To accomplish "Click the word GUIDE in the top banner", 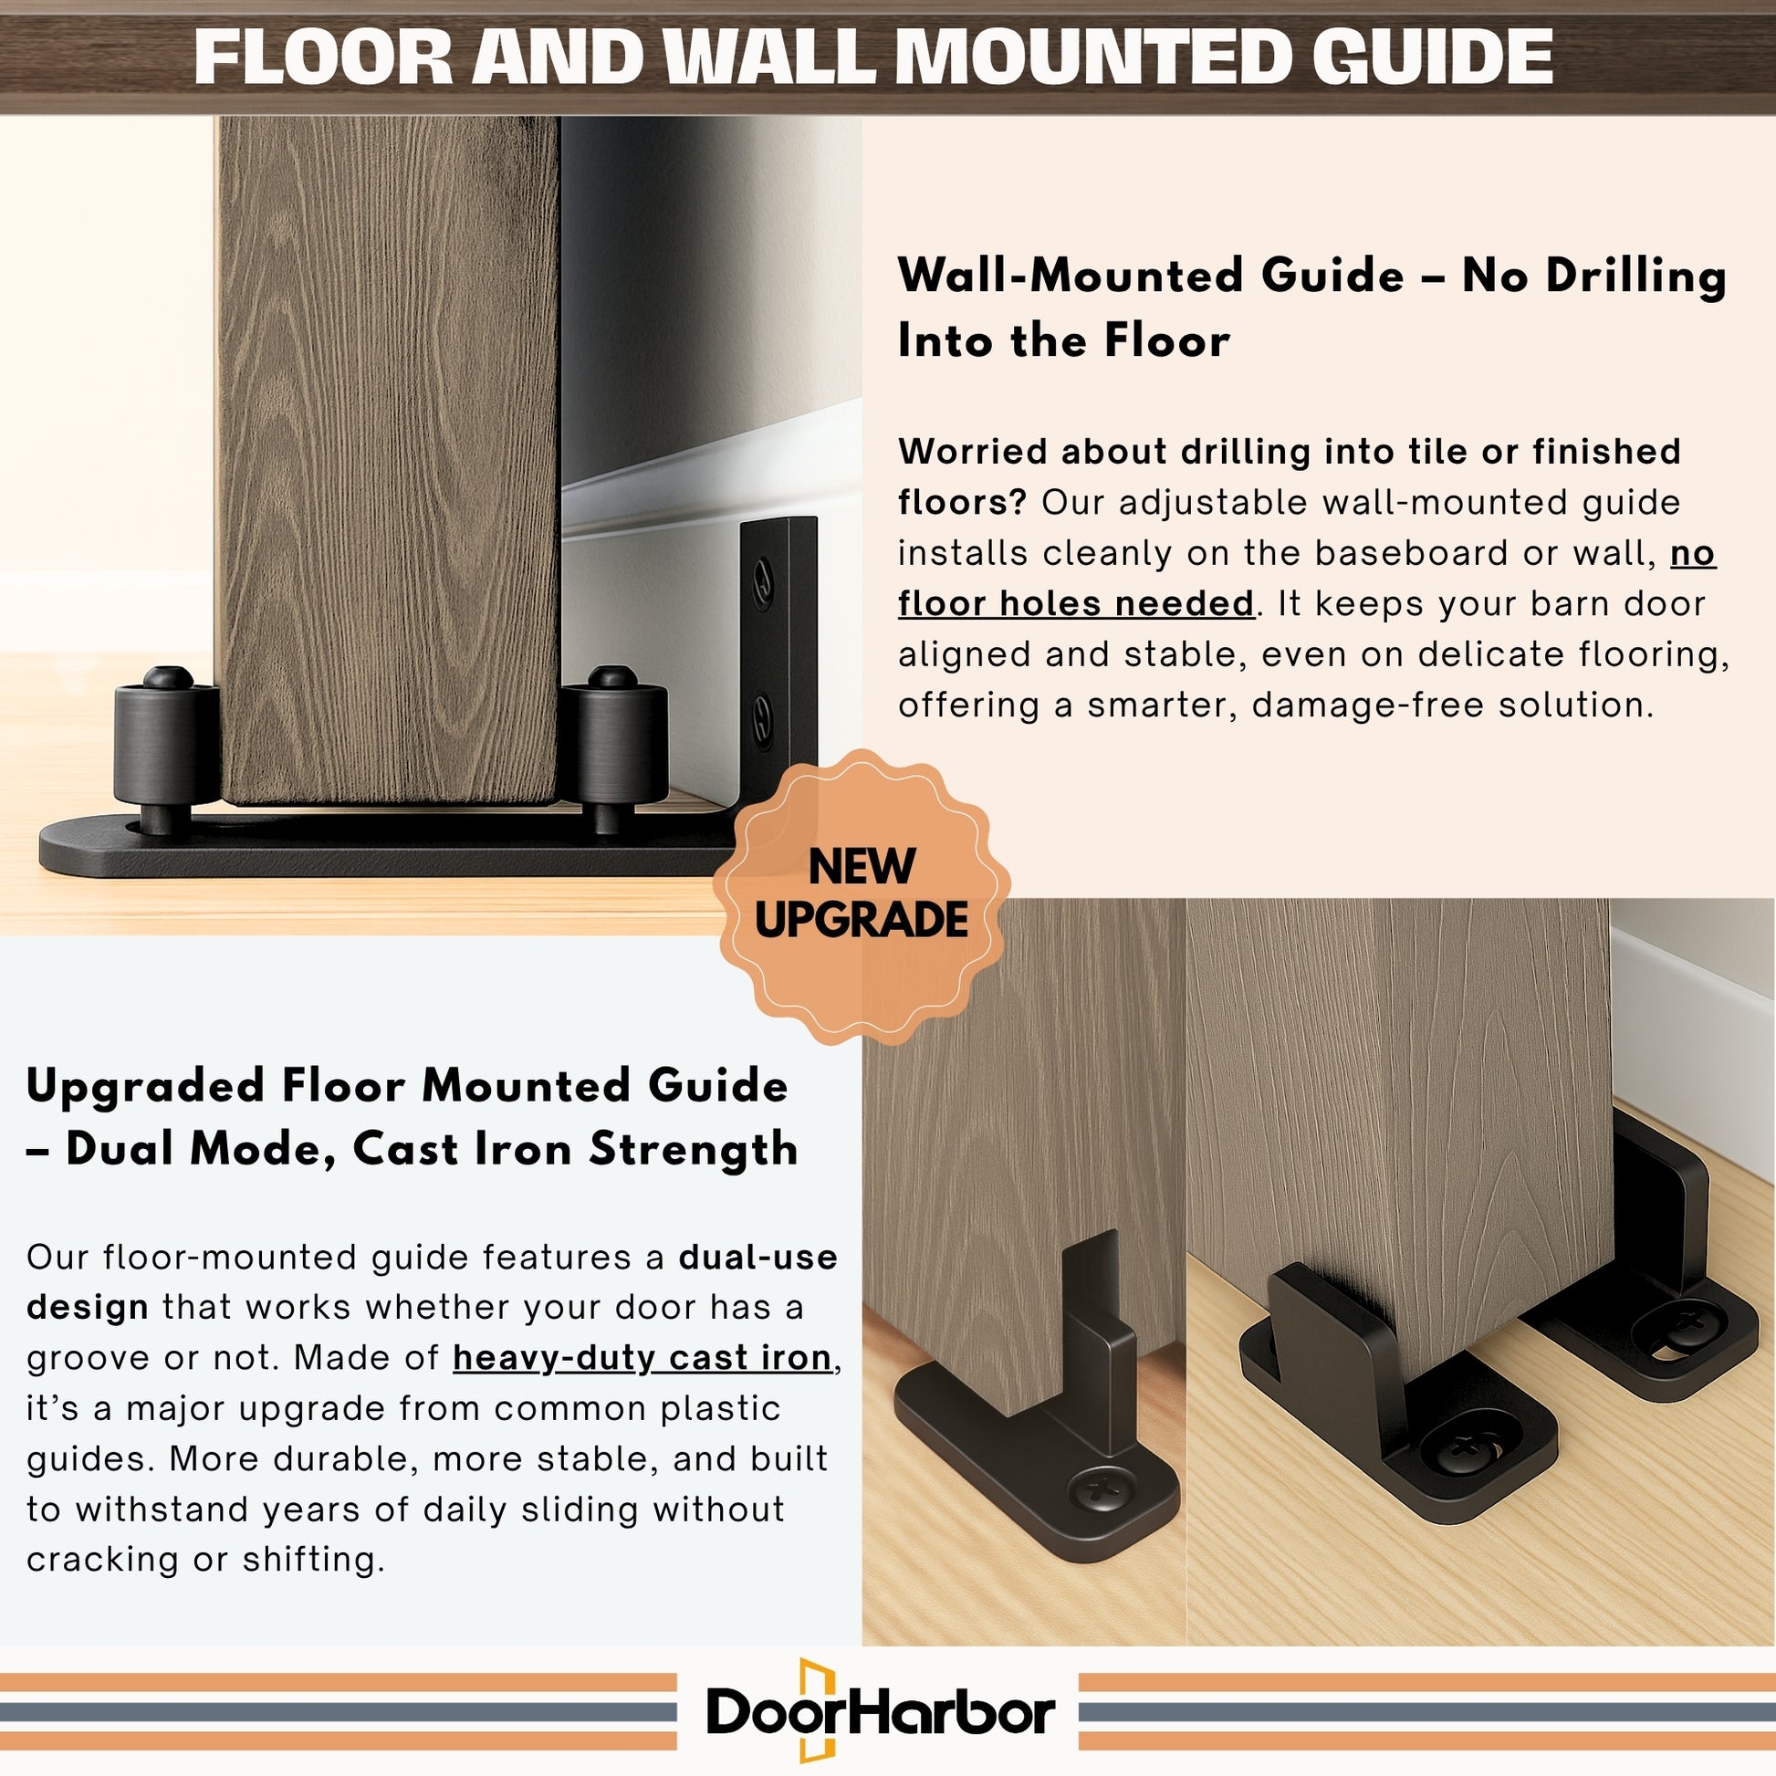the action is pos(1431,57).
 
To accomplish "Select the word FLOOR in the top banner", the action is pos(324,57).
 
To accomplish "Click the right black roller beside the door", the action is pos(614,749).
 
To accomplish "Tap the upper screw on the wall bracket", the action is pos(762,585).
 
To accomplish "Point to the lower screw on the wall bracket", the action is pos(762,719).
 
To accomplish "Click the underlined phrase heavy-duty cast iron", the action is pos(642,1358).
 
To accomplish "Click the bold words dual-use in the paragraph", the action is pos(758,1257).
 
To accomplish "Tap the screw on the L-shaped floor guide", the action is pos(1100,1487).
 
